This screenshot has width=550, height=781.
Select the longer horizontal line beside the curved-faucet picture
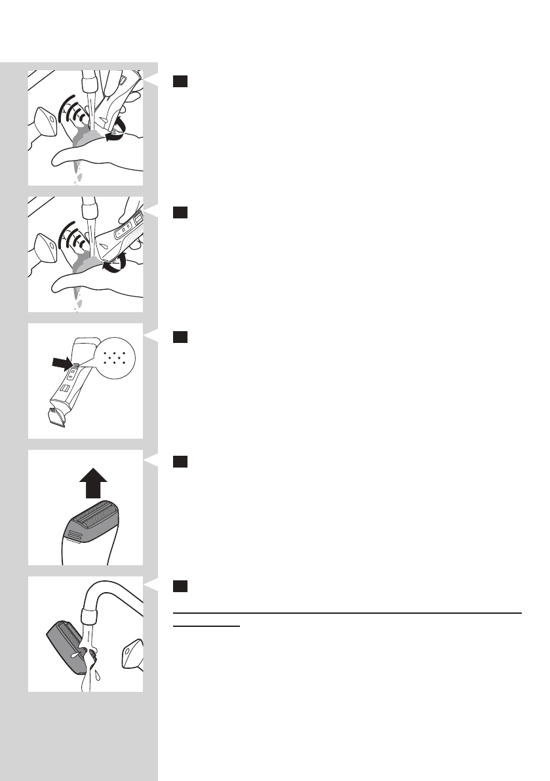tap(347, 613)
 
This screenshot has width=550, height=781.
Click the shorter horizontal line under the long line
tap(206, 625)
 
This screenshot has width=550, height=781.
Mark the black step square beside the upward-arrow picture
tap(181, 462)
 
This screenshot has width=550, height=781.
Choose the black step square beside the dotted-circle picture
tap(181, 336)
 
